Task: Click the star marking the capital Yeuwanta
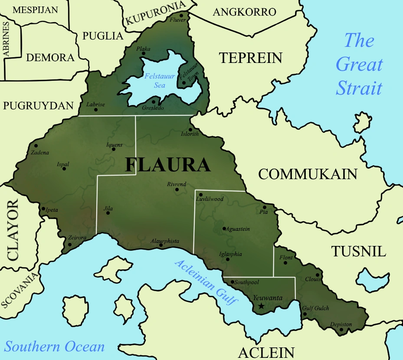pyautogui.click(x=261, y=306)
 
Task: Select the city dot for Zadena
pyautogui.click(x=36, y=146)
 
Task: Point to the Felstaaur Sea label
pyautogui.click(x=160, y=81)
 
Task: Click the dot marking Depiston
pyautogui.click(x=341, y=330)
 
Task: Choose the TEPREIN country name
pyautogui.click(x=250, y=58)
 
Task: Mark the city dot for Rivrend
pyautogui.click(x=177, y=189)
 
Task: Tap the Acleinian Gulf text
pyautogui.click(x=206, y=282)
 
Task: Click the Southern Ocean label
pyautogui.click(x=55, y=347)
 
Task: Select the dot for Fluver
pyautogui.click(x=181, y=16)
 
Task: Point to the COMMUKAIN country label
pyautogui.click(x=308, y=174)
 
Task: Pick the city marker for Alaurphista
pyautogui.click(x=161, y=245)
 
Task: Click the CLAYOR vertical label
pyautogui.click(x=13, y=229)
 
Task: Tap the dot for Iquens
pyautogui.click(x=114, y=149)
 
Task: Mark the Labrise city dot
pyautogui.click(x=96, y=109)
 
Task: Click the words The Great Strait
pyautogui.click(x=359, y=65)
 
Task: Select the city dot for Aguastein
pyautogui.click(x=224, y=229)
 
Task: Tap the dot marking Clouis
pyautogui.click(x=318, y=275)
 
